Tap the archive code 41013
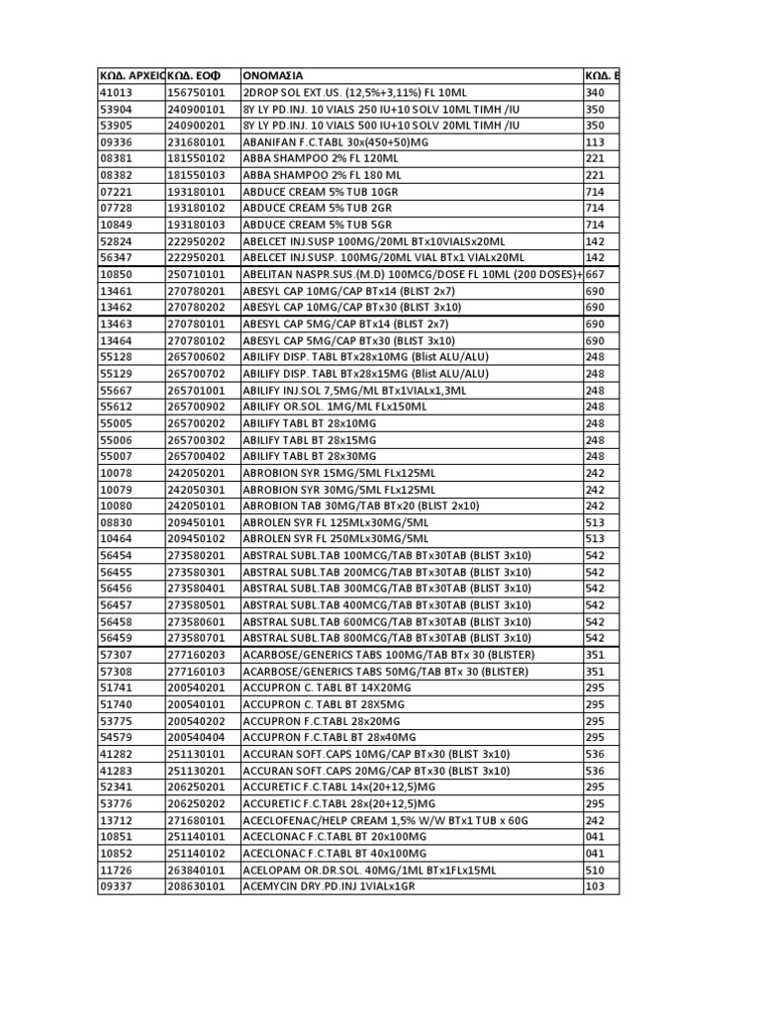[116, 92]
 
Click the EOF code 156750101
[196, 92]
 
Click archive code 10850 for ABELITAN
[116, 274]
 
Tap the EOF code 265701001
[196, 390]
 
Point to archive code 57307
[116, 655]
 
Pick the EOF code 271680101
[196, 820]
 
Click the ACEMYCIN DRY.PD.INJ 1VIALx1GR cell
[329, 886]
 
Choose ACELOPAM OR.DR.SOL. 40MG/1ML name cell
[369, 870]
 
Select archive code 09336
[116, 141]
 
